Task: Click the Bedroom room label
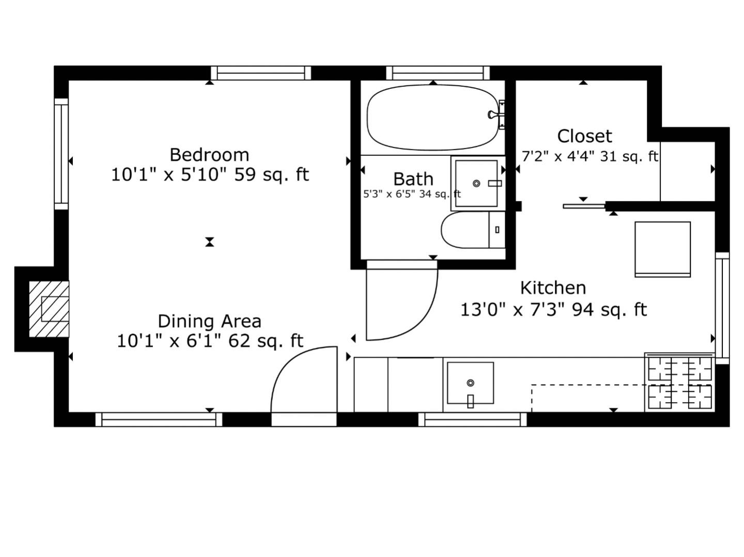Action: tap(209, 155)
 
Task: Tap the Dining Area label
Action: tap(209, 321)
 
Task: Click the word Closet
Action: tap(584, 136)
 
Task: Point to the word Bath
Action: tap(413, 179)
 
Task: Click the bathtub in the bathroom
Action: tap(431, 118)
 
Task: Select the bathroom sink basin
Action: tap(476, 183)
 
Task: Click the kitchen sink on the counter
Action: tap(470, 383)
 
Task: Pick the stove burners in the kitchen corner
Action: tap(680, 383)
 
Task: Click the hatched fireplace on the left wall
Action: tap(49, 309)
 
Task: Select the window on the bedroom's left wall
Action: tap(61, 154)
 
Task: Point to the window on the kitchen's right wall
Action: tap(722, 307)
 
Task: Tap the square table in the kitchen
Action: tap(662, 249)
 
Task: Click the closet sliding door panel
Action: tap(584, 206)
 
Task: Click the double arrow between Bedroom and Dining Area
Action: tap(209, 242)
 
